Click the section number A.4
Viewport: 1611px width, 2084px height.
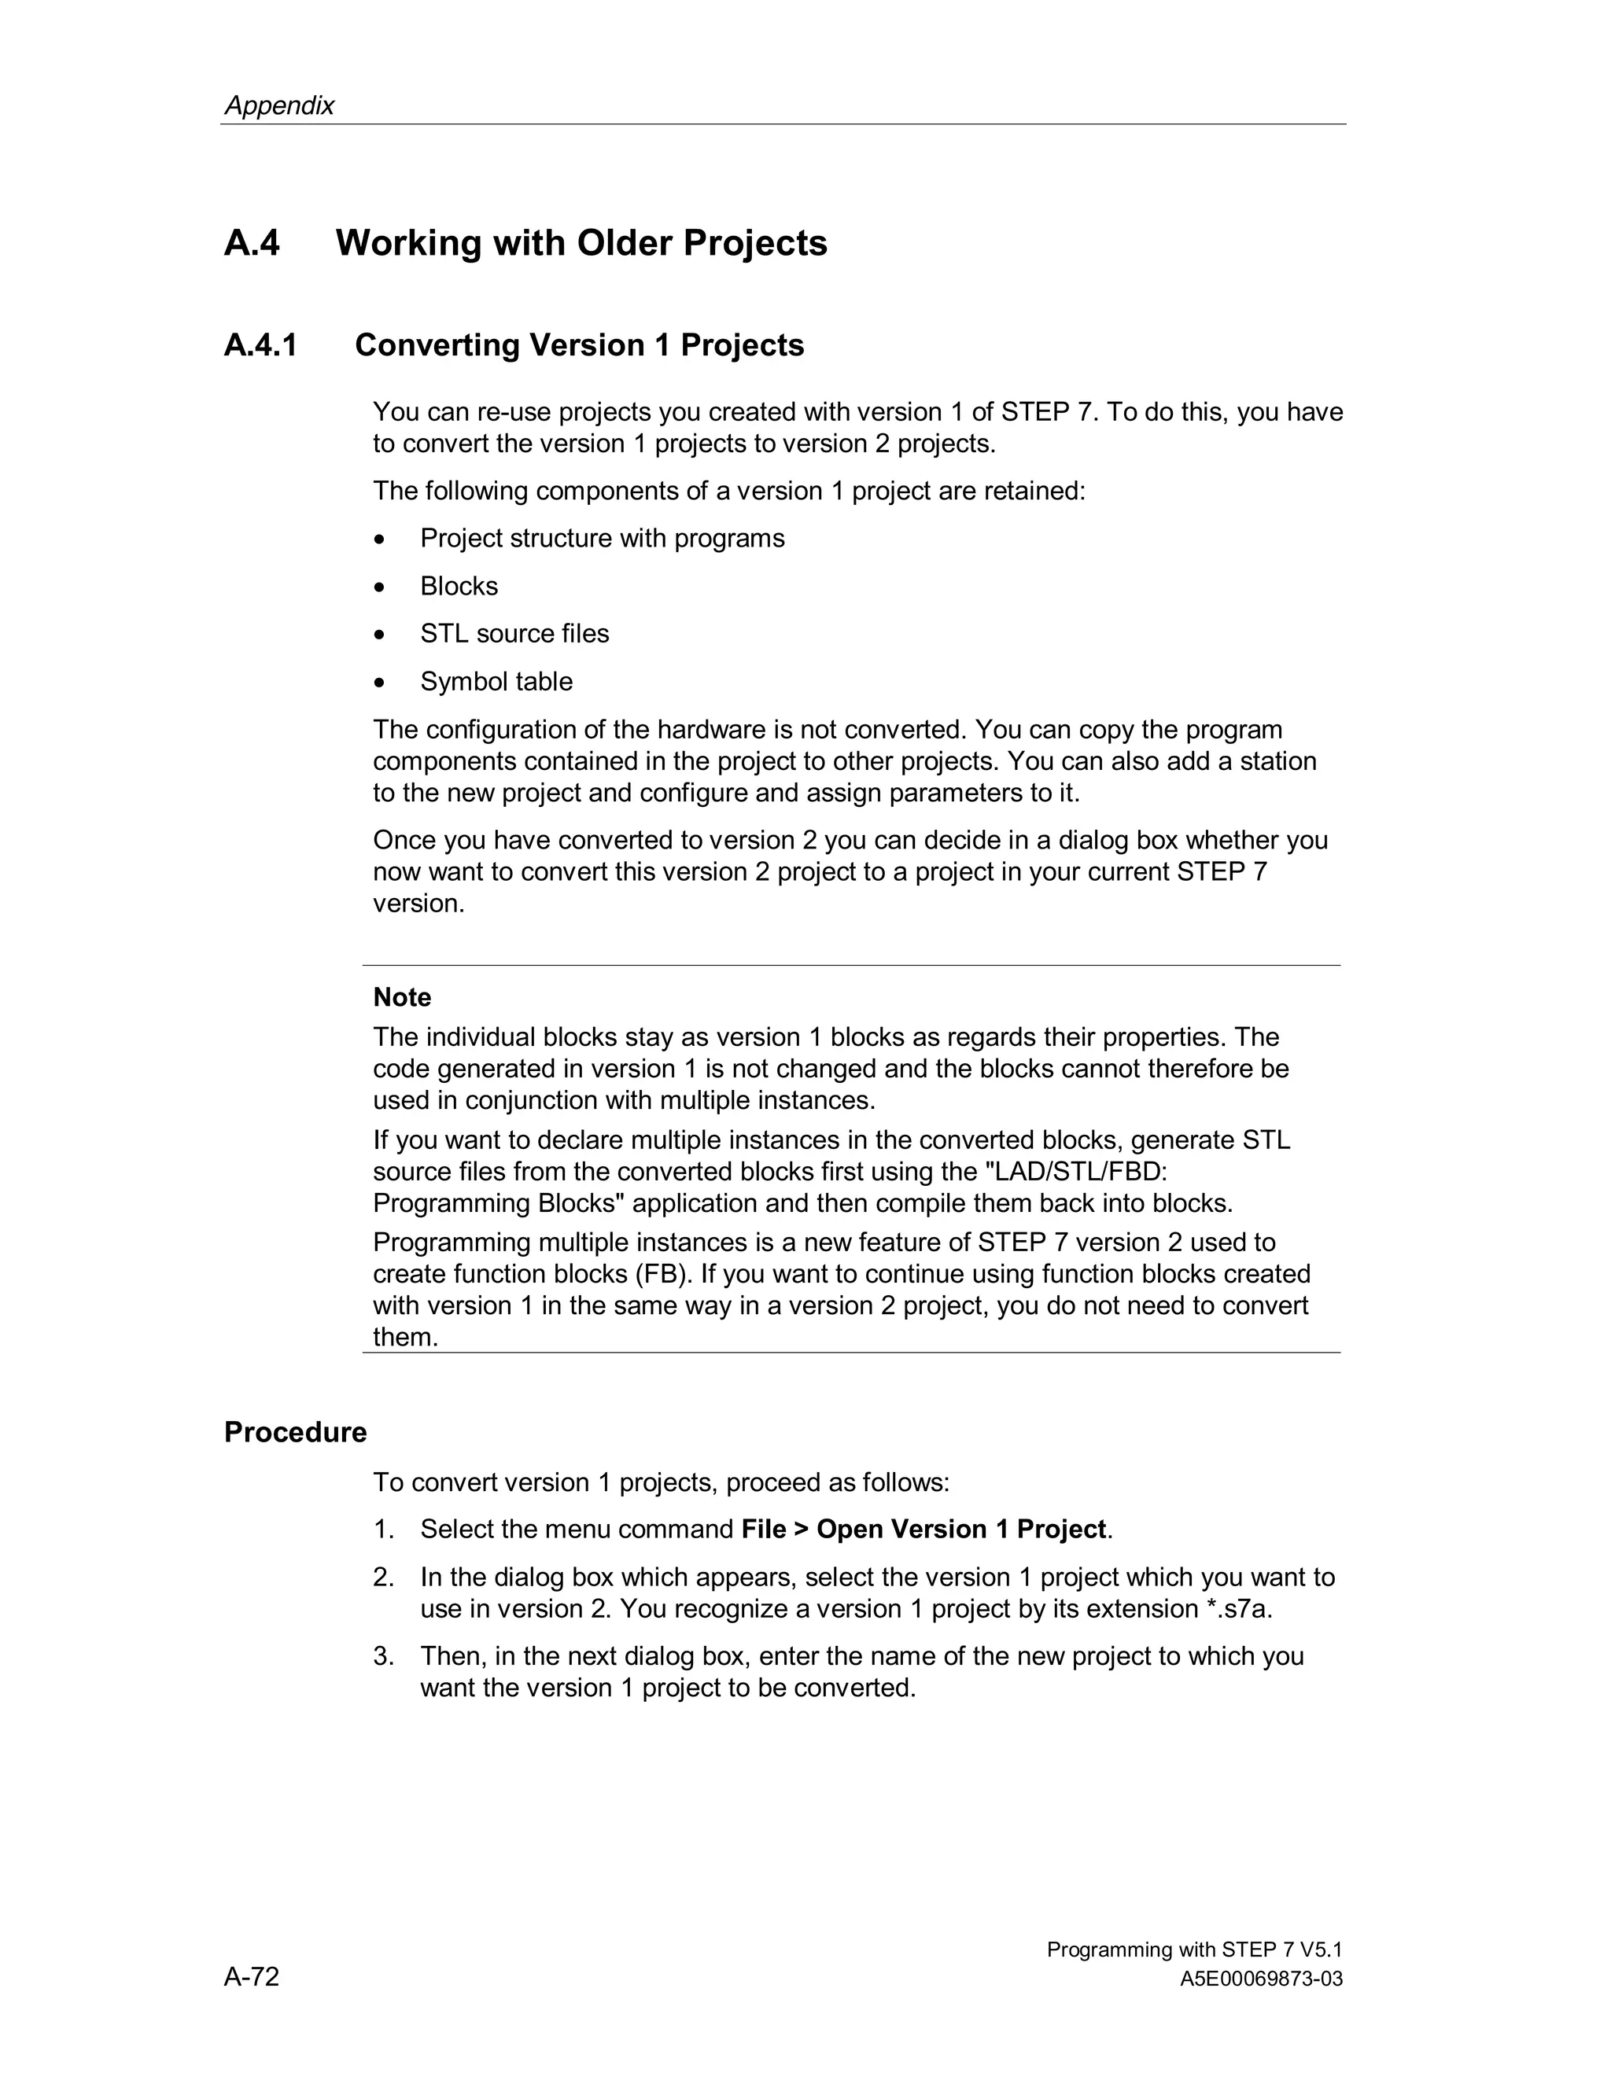(252, 242)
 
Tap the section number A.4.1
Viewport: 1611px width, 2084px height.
(260, 344)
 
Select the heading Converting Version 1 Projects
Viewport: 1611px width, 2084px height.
(578, 344)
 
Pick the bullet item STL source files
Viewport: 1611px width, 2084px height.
(514, 634)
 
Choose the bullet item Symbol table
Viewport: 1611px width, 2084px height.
(496, 681)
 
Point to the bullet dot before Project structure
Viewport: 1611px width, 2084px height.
(380, 540)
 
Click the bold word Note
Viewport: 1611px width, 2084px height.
(402, 997)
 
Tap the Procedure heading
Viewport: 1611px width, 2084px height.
(295, 1432)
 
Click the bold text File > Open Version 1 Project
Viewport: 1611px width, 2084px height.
(923, 1529)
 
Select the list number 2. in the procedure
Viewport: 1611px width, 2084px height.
(383, 1578)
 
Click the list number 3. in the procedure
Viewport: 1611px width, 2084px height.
(383, 1655)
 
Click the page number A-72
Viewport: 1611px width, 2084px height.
(251, 1976)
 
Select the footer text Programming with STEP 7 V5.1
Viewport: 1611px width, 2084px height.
(1194, 1950)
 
